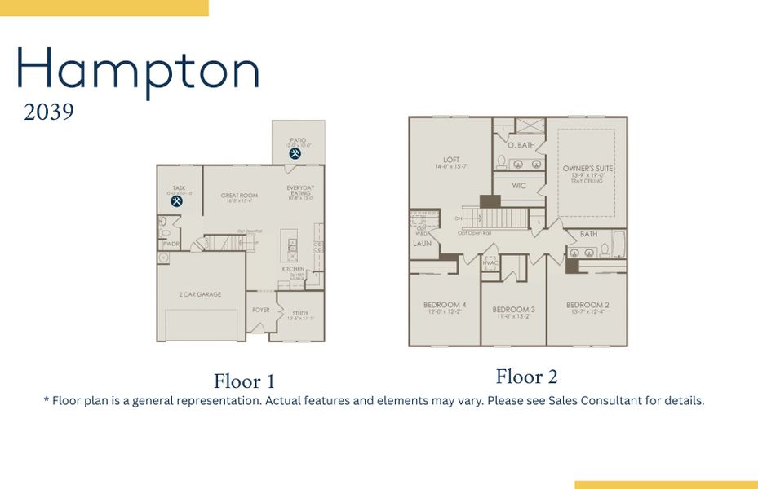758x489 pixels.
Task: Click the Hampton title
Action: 137,71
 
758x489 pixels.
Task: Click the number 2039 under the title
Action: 49,112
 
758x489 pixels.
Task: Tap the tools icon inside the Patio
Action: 295,152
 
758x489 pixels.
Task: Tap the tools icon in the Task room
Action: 177,201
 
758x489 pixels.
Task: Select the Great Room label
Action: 239,196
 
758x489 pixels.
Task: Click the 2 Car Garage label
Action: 200,294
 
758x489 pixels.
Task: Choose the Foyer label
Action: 260,310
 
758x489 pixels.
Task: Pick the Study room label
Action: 300,313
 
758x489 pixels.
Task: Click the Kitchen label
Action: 293,269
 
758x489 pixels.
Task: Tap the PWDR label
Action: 171,244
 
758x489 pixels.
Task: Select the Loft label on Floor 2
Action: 451,160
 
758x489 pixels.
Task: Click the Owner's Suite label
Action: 587,169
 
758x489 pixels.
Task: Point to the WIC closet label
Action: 519,186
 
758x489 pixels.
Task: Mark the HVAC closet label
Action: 490,262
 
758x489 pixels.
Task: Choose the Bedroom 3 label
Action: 513,310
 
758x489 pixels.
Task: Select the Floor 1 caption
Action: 244,381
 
